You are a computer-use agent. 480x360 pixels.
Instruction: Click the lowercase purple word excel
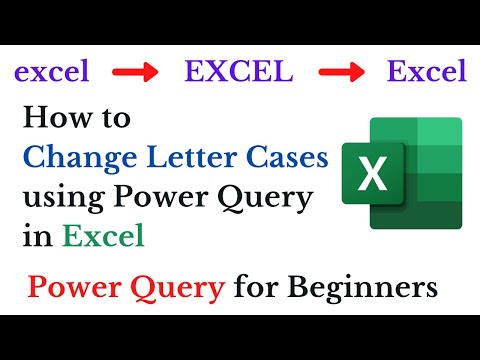[51, 72]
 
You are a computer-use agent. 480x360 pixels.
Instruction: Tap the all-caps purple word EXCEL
[237, 72]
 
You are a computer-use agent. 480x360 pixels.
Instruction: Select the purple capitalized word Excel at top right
[426, 72]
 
